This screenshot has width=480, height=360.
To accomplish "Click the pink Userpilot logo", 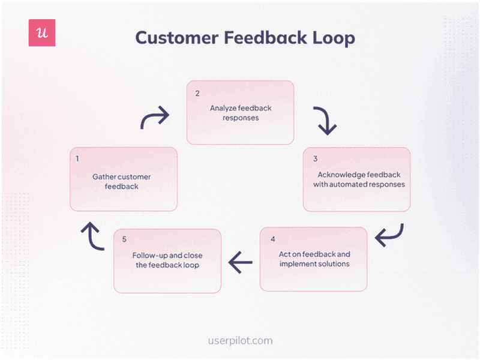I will (x=42, y=33).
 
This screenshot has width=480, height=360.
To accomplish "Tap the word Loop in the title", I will (x=333, y=38).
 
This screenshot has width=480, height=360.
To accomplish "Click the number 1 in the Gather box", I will (x=77, y=159).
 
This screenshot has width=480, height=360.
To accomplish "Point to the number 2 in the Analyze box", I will (x=197, y=94).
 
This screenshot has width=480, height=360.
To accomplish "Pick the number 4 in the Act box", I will (x=272, y=239).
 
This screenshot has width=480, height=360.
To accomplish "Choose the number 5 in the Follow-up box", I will (x=124, y=239).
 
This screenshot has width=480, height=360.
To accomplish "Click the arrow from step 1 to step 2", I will (x=155, y=118).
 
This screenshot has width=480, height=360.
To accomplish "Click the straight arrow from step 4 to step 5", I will (x=240, y=261).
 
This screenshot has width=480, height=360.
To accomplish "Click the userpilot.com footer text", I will (x=240, y=341).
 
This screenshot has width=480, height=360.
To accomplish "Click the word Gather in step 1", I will (x=104, y=177).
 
